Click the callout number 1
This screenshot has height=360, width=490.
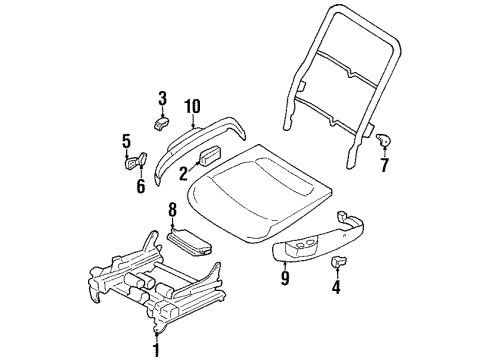tap(155, 350)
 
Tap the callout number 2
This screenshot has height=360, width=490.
tap(183, 173)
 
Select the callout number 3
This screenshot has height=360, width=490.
tap(162, 97)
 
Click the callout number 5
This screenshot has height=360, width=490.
tap(126, 140)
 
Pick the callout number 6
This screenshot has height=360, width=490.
tap(141, 185)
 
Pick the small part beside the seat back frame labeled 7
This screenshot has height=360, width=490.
tap(382, 141)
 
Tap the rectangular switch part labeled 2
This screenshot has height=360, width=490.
tap(210, 157)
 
